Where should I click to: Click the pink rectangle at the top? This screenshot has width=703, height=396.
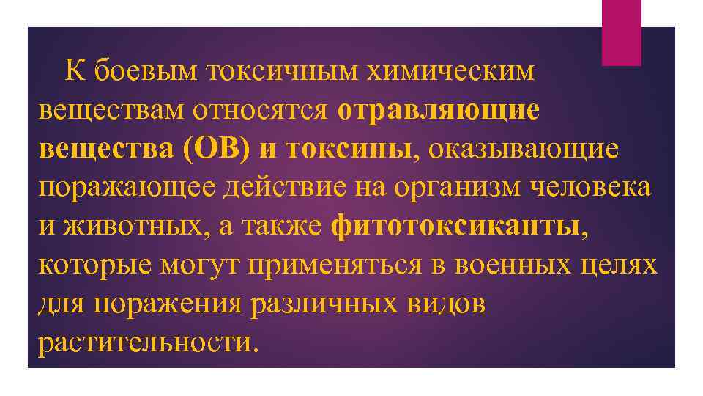pyautogui.click(x=621, y=32)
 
